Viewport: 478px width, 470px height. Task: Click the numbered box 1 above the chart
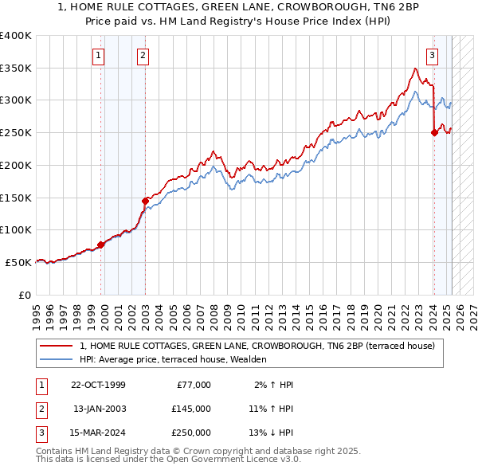click(x=98, y=56)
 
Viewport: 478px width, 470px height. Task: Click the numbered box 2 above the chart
click(x=142, y=56)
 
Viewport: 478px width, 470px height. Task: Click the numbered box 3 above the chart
click(x=432, y=56)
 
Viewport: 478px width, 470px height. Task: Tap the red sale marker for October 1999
click(x=101, y=245)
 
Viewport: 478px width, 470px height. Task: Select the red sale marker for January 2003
click(x=145, y=201)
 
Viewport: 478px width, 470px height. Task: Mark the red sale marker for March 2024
click(x=434, y=133)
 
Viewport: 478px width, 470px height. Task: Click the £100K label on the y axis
click(x=16, y=229)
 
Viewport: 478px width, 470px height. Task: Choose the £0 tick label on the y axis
click(x=25, y=295)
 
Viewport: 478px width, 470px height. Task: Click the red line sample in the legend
click(x=57, y=347)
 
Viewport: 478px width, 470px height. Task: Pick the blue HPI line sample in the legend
click(x=57, y=360)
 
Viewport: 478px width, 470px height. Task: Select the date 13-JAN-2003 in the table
click(x=99, y=409)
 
